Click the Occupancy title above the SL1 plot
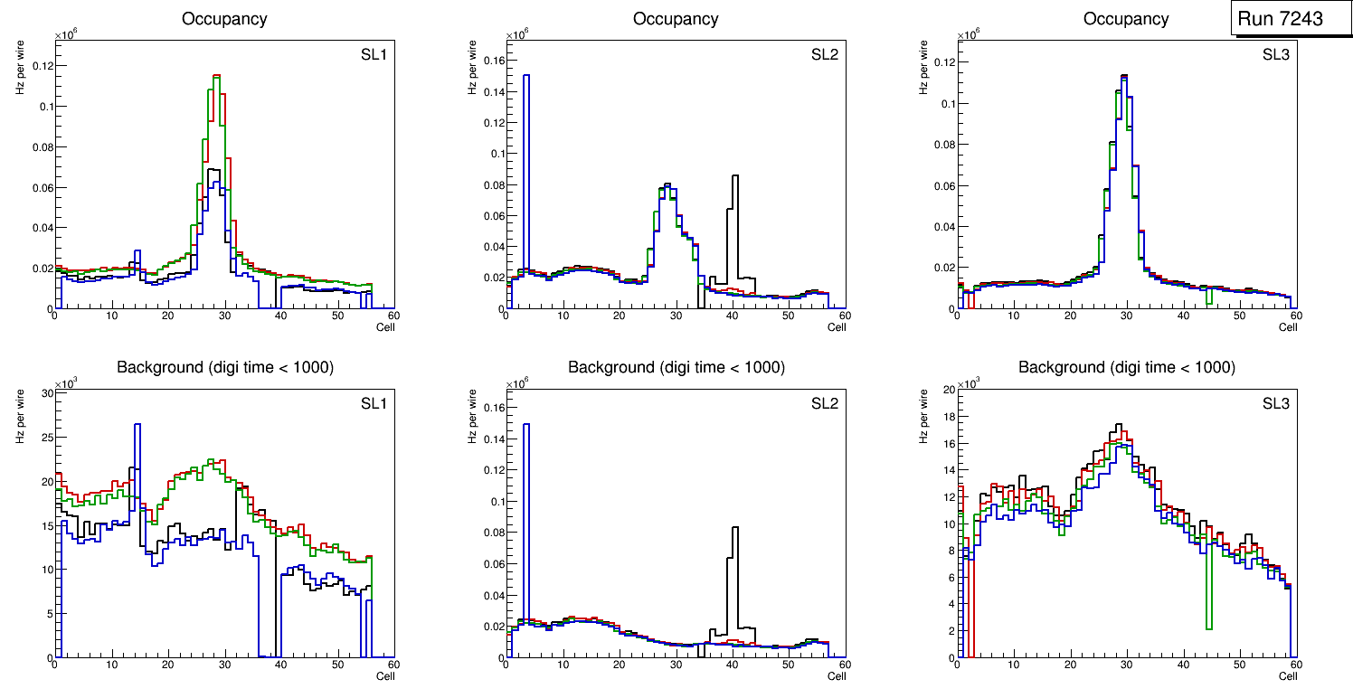click(224, 19)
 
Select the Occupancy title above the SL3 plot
click(1126, 19)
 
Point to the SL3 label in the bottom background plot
click(1275, 403)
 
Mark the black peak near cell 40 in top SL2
click(735, 176)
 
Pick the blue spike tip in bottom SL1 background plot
click(137, 424)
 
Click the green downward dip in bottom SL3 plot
click(1208, 627)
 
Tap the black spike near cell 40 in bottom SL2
click(735, 528)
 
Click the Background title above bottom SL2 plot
click(676, 367)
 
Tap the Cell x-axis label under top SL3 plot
click(1287, 327)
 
